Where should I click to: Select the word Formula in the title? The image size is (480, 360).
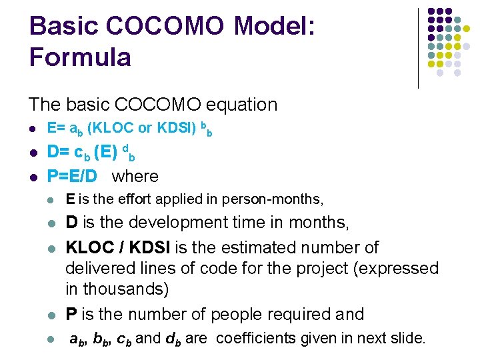pyautogui.click(x=80, y=57)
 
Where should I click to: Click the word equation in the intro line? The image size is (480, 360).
pyautogui.click(x=243, y=105)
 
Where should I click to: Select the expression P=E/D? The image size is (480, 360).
pyautogui.click(x=71, y=177)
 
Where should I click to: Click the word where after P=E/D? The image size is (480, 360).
pyautogui.click(x=135, y=177)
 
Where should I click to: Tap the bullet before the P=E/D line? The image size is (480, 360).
pyautogui.click(x=32, y=177)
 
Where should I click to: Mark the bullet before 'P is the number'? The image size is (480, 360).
pyautogui.click(x=51, y=315)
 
